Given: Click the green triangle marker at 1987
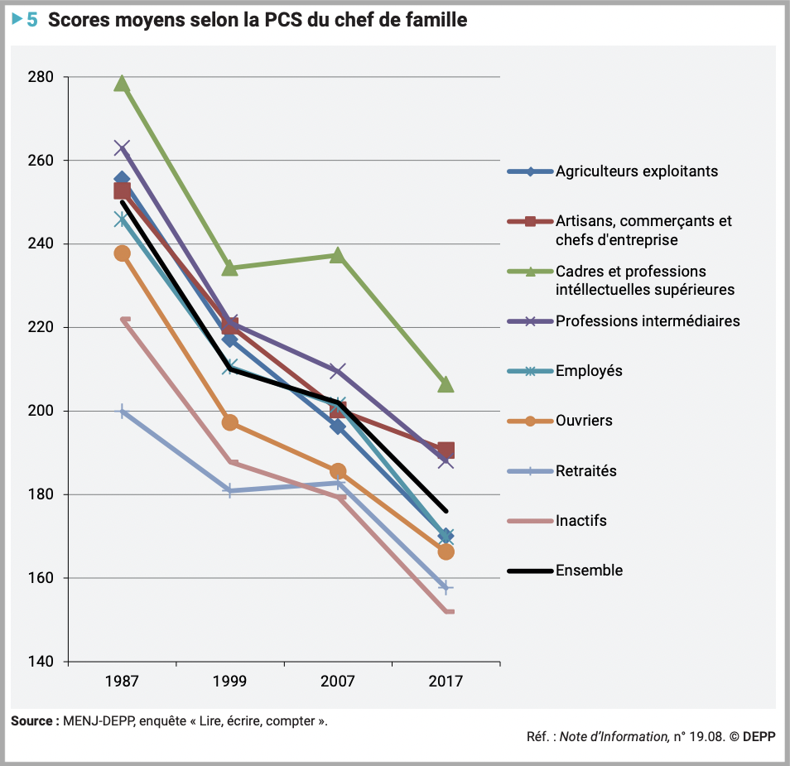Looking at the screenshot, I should [x=122, y=84].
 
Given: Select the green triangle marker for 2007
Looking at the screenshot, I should [x=338, y=255].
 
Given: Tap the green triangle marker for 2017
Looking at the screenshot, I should [x=446, y=384].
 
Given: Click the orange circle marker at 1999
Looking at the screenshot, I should [x=230, y=423].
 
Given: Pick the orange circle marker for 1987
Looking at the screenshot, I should [x=122, y=253].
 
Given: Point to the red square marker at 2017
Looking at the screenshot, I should [x=446, y=450].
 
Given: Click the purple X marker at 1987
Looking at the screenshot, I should [x=122, y=148].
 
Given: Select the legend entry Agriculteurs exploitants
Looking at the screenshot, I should [x=636, y=171].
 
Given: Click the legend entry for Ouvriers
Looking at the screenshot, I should [x=584, y=421].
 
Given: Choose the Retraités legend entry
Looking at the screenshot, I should [x=585, y=471].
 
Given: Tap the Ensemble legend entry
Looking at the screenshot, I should [x=589, y=571].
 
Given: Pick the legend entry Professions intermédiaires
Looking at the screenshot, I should [x=648, y=320].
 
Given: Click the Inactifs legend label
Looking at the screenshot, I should [x=580, y=521].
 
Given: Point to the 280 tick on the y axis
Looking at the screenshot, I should [x=41, y=77].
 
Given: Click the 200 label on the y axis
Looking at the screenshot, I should [x=41, y=411].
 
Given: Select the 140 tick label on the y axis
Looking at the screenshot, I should [x=41, y=662].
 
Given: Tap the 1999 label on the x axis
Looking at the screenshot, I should [x=229, y=682].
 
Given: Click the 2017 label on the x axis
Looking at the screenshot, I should [x=446, y=682].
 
